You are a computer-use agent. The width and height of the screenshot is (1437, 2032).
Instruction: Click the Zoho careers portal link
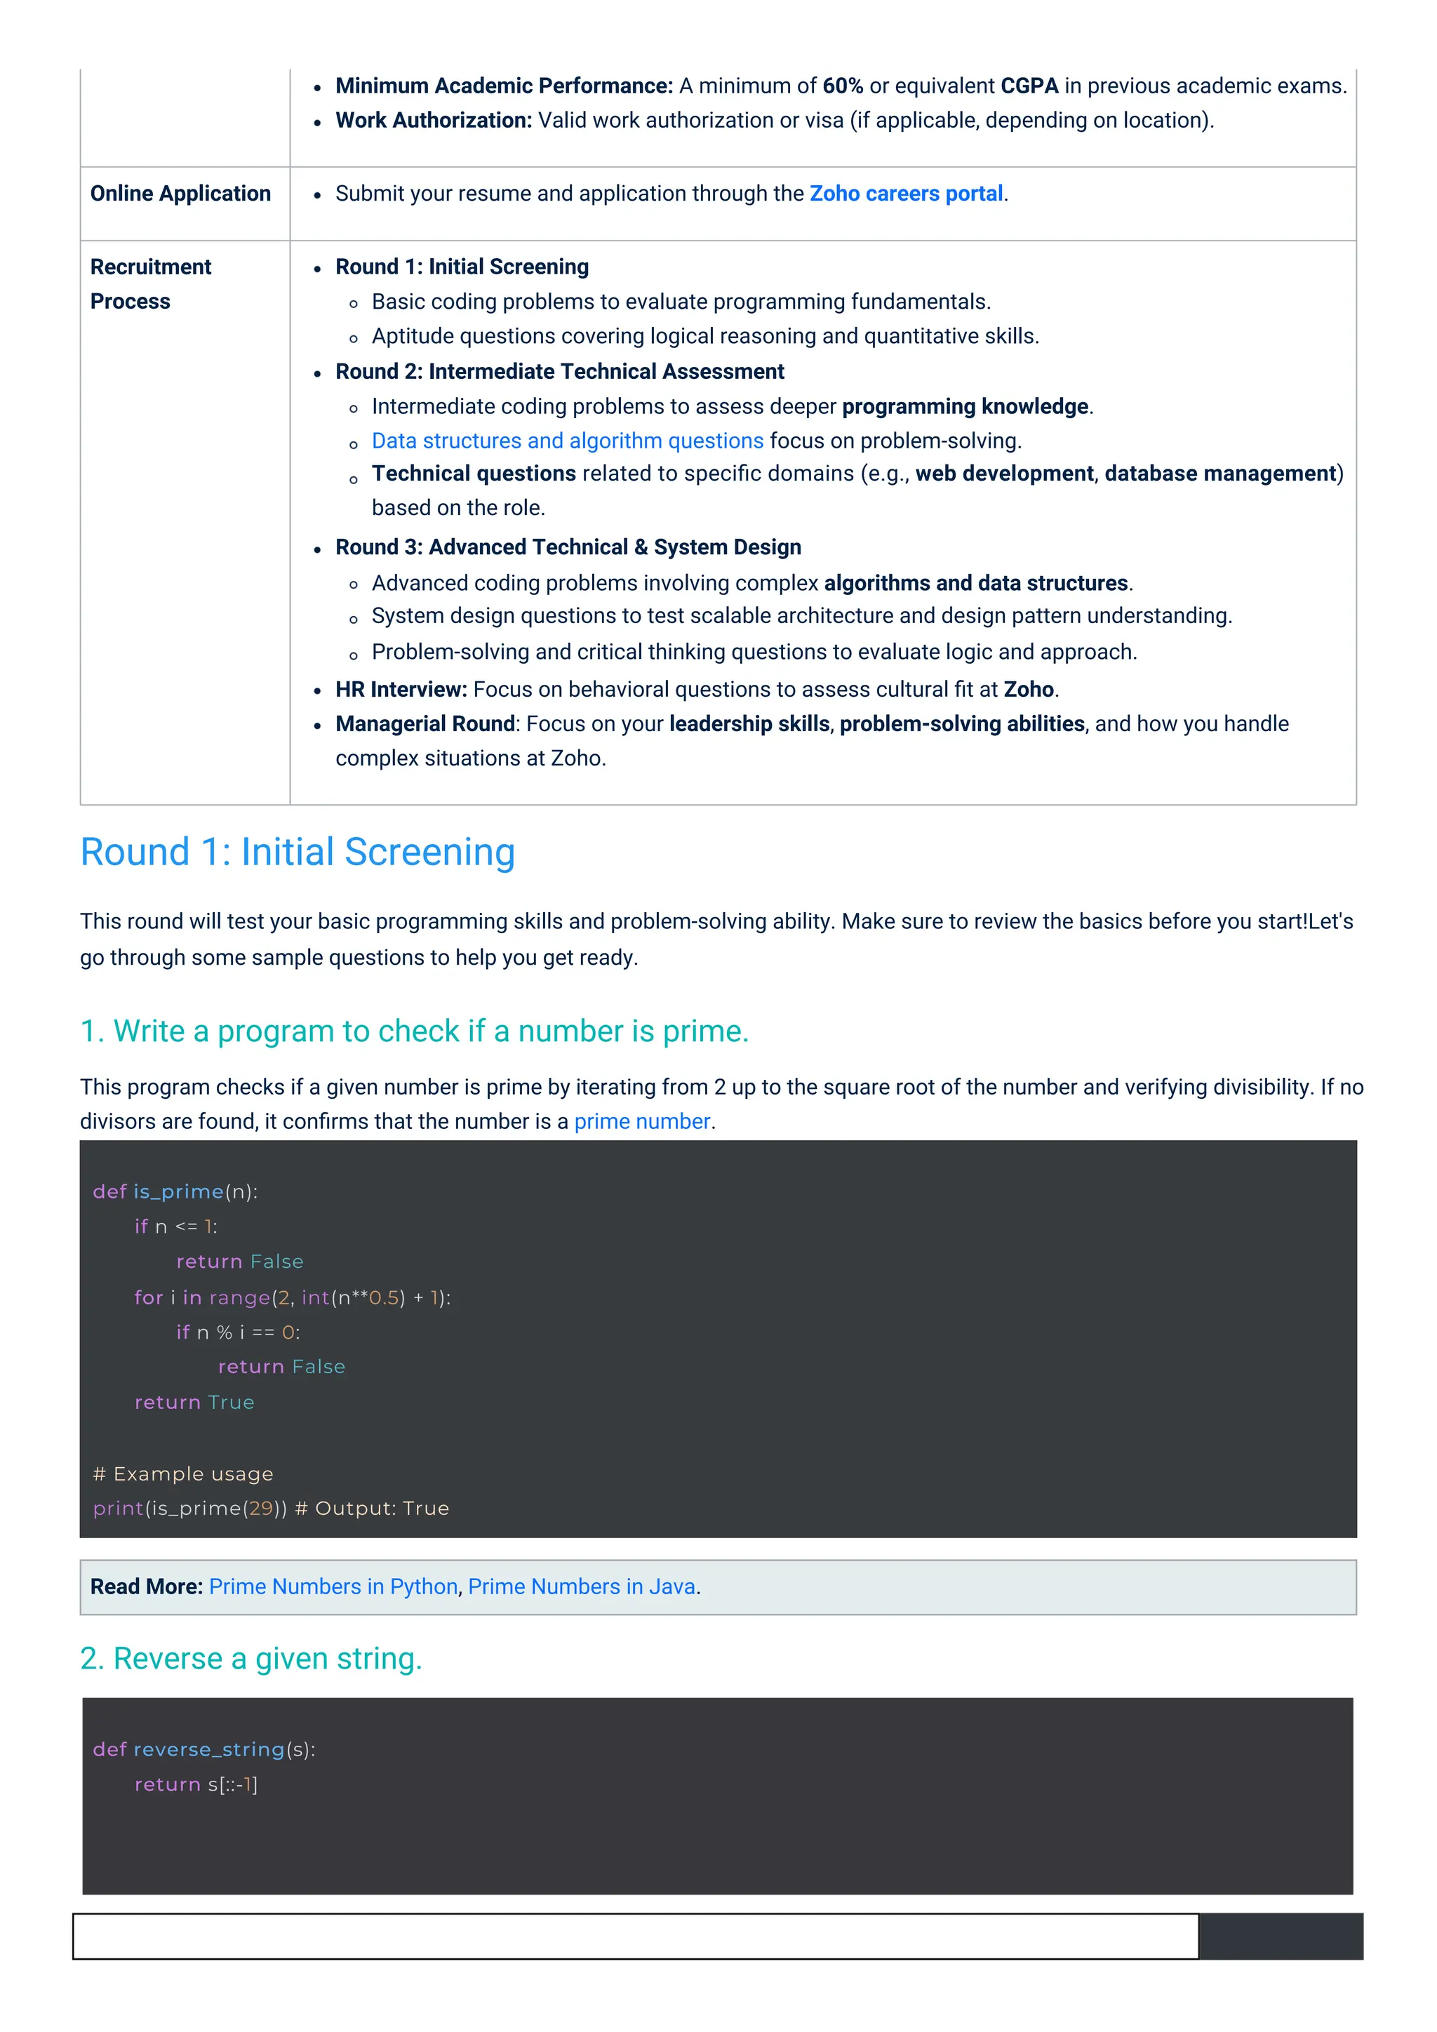pyautogui.click(x=906, y=194)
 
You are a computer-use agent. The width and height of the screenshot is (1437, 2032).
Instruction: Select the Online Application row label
pyautogui.click(x=180, y=194)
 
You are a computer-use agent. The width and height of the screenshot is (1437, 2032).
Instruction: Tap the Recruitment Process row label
pyautogui.click(x=150, y=284)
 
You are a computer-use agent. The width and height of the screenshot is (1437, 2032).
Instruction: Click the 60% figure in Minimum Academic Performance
pyautogui.click(x=843, y=86)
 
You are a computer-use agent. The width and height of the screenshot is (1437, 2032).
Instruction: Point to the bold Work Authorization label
pyautogui.click(x=434, y=121)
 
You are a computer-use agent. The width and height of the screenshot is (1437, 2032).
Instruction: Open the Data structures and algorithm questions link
pyautogui.click(x=567, y=441)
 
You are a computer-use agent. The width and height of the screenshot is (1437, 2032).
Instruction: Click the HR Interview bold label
pyautogui.click(x=401, y=690)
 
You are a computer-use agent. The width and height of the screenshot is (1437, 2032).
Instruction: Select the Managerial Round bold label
pyautogui.click(x=425, y=724)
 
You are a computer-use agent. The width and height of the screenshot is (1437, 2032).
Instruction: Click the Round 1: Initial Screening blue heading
pyautogui.click(x=298, y=853)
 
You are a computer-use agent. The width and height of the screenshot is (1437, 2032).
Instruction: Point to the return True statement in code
pyautogui.click(x=194, y=1403)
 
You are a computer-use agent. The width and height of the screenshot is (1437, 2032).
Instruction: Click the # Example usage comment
pyautogui.click(x=183, y=1473)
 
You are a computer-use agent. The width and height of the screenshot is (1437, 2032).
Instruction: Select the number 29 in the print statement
pyautogui.click(x=261, y=1509)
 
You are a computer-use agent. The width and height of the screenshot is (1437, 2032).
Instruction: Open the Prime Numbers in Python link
pyautogui.click(x=333, y=1587)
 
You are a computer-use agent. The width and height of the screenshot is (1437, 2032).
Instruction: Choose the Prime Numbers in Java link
pyautogui.click(x=582, y=1587)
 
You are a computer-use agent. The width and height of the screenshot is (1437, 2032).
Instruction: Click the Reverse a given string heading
pyautogui.click(x=251, y=1659)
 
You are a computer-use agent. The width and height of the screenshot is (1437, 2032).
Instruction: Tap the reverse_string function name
pyautogui.click(x=209, y=1750)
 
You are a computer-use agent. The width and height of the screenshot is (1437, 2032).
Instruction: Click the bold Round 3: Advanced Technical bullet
pyautogui.click(x=568, y=548)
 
